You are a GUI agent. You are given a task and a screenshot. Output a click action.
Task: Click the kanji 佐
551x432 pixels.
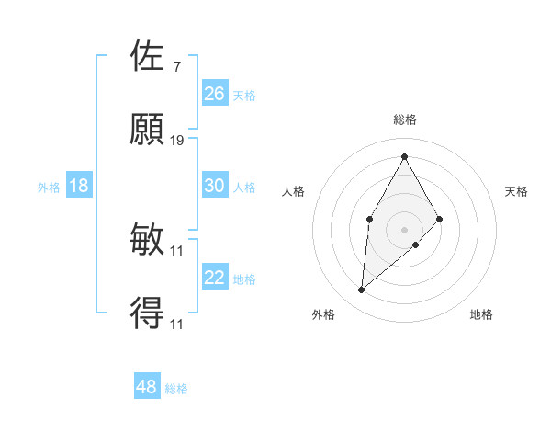148,56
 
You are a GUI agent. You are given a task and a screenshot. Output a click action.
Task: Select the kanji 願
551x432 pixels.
148,130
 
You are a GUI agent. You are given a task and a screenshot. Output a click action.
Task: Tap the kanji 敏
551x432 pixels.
148,240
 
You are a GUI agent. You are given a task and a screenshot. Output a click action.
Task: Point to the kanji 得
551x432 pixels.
148,313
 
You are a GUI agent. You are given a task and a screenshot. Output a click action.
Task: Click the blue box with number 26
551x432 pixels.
215,94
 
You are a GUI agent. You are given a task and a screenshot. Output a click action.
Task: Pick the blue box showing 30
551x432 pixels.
215,186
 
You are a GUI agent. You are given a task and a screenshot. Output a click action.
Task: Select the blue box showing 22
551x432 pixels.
215,278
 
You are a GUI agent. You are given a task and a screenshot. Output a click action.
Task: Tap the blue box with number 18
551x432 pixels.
79,186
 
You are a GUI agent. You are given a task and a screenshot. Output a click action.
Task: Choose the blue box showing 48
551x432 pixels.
147,387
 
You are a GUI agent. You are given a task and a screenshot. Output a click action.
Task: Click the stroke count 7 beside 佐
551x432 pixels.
176,66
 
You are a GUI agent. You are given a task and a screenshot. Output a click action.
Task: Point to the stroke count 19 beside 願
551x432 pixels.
177,140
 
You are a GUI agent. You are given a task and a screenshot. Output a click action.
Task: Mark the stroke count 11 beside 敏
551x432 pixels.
177,250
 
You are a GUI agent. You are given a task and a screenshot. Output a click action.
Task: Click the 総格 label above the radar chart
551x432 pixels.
404,119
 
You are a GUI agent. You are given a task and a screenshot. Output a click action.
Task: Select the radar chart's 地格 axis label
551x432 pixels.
481,314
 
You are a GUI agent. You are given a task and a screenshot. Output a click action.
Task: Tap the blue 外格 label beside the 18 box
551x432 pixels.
49,187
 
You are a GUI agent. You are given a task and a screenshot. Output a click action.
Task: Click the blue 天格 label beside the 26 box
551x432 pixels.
243,95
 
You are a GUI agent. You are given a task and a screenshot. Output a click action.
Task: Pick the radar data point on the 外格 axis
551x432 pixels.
362,290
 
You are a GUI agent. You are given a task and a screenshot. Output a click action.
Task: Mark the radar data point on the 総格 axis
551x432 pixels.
404,155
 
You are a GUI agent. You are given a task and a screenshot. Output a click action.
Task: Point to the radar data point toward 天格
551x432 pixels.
439,219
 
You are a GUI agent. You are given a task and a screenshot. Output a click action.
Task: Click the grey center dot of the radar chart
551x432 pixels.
404,229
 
